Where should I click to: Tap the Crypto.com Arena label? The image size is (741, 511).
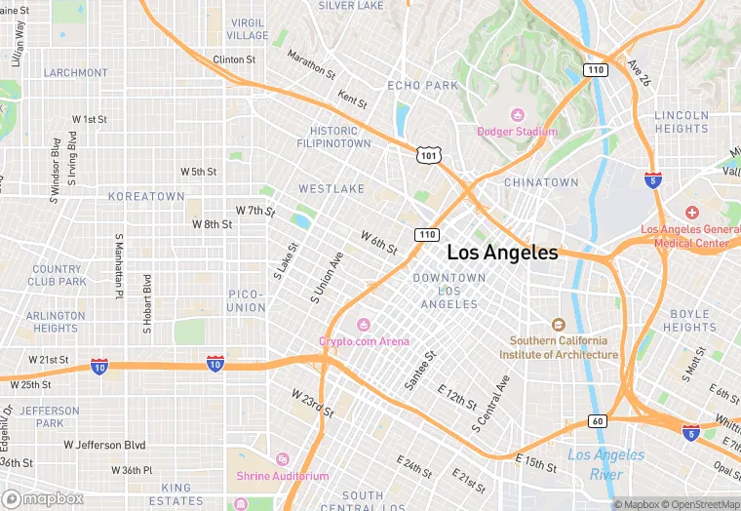click(364, 340)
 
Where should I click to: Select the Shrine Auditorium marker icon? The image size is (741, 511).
click(283, 459)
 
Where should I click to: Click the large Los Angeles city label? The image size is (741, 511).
click(502, 253)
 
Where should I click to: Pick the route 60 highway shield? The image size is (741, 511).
click(597, 420)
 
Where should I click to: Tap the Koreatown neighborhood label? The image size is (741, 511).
click(146, 196)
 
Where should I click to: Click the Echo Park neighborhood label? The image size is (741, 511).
click(422, 86)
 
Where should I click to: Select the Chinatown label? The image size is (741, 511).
click(541, 182)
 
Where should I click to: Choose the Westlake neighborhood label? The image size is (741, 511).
click(331, 188)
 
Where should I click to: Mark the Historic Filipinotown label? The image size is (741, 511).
click(340, 138)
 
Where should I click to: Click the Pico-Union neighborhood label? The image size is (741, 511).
click(246, 300)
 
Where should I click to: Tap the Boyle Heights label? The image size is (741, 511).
click(690, 321)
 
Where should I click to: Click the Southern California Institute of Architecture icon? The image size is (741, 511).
click(558, 325)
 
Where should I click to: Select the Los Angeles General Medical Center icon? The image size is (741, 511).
click(691, 213)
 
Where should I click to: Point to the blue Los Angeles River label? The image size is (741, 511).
click(605, 465)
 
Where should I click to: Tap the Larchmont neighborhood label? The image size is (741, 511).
click(76, 72)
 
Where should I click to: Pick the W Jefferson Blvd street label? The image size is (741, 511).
click(107, 445)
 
